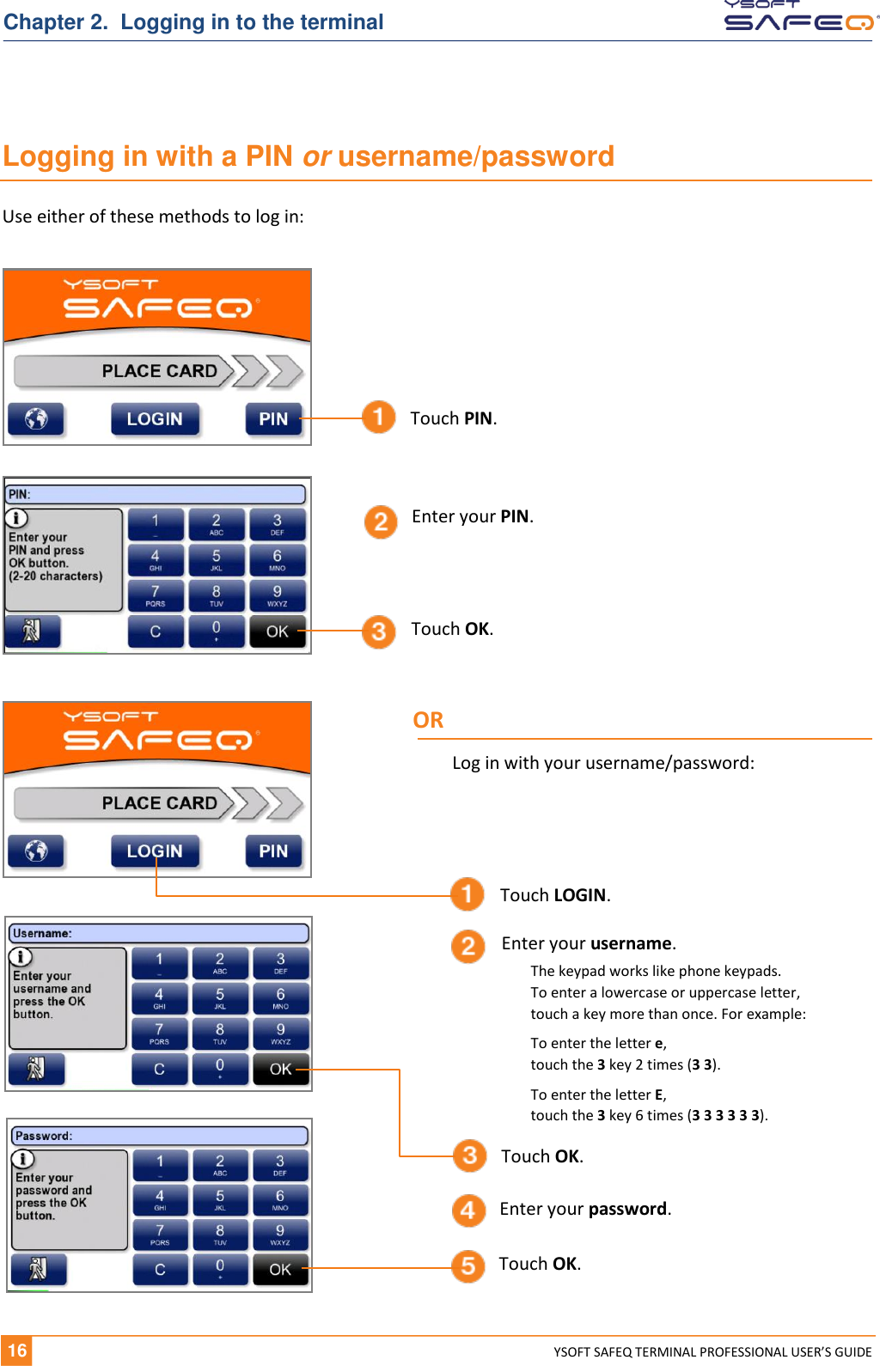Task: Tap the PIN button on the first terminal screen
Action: coord(273,419)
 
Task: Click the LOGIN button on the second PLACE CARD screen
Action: coord(155,851)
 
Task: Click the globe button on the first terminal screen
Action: coord(36,419)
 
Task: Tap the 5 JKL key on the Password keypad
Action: coord(220,1199)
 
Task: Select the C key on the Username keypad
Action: coord(159,1070)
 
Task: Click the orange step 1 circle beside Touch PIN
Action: coord(378,418)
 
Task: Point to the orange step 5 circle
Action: coord(468,1265)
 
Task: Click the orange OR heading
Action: coord(428,720)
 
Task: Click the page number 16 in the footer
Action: coord(17,1351)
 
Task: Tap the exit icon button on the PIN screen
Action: coord(33,631)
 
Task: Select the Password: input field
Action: coord(160,1136)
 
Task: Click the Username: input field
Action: coord(160,933)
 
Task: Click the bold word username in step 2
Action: coord(630,943)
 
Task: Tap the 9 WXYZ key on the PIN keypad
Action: coord(277,595)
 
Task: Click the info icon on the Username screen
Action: coord(21,957)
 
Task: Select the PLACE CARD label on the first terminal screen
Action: coord(160,371)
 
